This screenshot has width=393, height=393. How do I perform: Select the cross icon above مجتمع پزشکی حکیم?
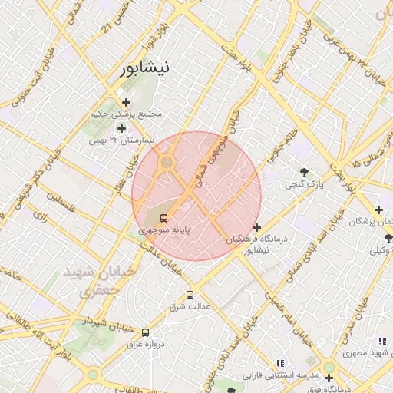point(126,101)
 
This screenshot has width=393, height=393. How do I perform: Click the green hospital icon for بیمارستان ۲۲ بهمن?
point(121,128)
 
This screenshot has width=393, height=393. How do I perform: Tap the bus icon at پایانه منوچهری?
point(163,217)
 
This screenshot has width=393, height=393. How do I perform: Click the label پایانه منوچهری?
point(164,229)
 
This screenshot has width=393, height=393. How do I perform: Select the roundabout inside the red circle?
point(167,162)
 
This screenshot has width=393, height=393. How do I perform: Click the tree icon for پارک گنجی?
point(305,172)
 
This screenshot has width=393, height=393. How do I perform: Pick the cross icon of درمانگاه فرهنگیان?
point(256,227)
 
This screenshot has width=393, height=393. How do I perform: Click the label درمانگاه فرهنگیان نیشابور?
point(257,244)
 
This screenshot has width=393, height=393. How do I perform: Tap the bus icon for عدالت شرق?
point(190,295)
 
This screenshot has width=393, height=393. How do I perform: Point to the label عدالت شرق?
point(190,307)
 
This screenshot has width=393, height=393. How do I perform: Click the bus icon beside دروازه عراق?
point(145,332)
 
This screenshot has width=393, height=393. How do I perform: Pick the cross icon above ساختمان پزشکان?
point(378,210)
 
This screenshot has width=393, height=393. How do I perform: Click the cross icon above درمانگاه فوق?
point(329,378)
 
